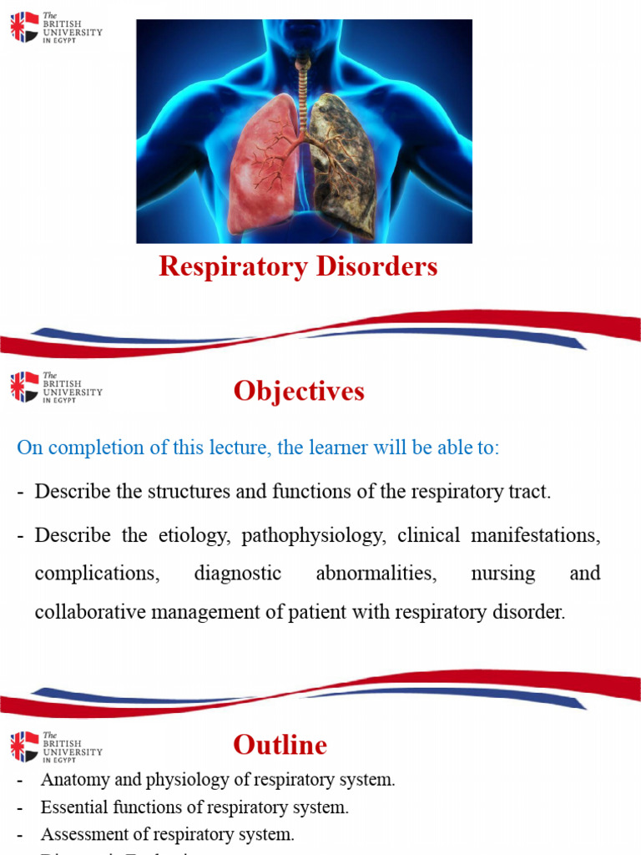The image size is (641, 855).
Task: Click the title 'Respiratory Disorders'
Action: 298,266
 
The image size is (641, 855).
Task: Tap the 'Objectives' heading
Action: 299,391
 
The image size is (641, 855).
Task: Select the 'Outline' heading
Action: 280,744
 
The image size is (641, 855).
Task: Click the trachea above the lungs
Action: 303,79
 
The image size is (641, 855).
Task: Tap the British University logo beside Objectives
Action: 56,387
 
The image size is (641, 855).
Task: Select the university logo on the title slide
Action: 56,28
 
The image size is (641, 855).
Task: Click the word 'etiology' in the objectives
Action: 193,536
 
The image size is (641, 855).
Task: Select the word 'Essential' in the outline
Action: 71,807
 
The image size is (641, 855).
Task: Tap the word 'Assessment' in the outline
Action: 82,834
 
